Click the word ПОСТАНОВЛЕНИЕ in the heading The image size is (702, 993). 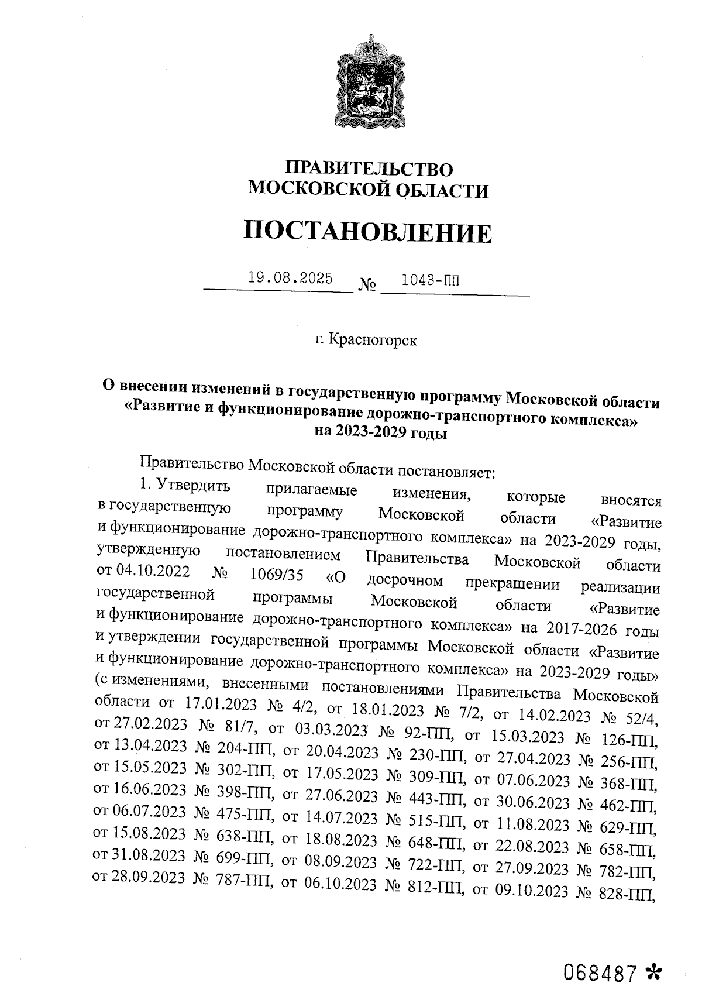(x=368, y=232)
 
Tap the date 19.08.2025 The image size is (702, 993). (x=290, y=278)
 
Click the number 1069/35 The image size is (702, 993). (x=276, y=576)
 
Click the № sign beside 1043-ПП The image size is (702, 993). (x=366, y=286)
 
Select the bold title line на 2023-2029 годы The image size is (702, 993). (x=380, y=432)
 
